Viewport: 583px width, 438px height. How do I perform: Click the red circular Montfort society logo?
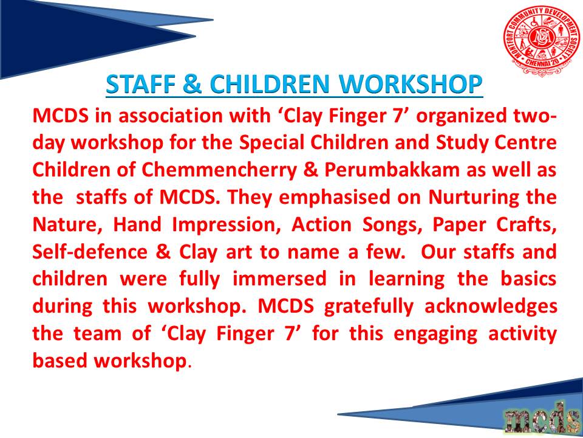pyautogui.click(x=542, y=40)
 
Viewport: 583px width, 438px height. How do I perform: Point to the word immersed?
pyautogui.click(x=279, y=280)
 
